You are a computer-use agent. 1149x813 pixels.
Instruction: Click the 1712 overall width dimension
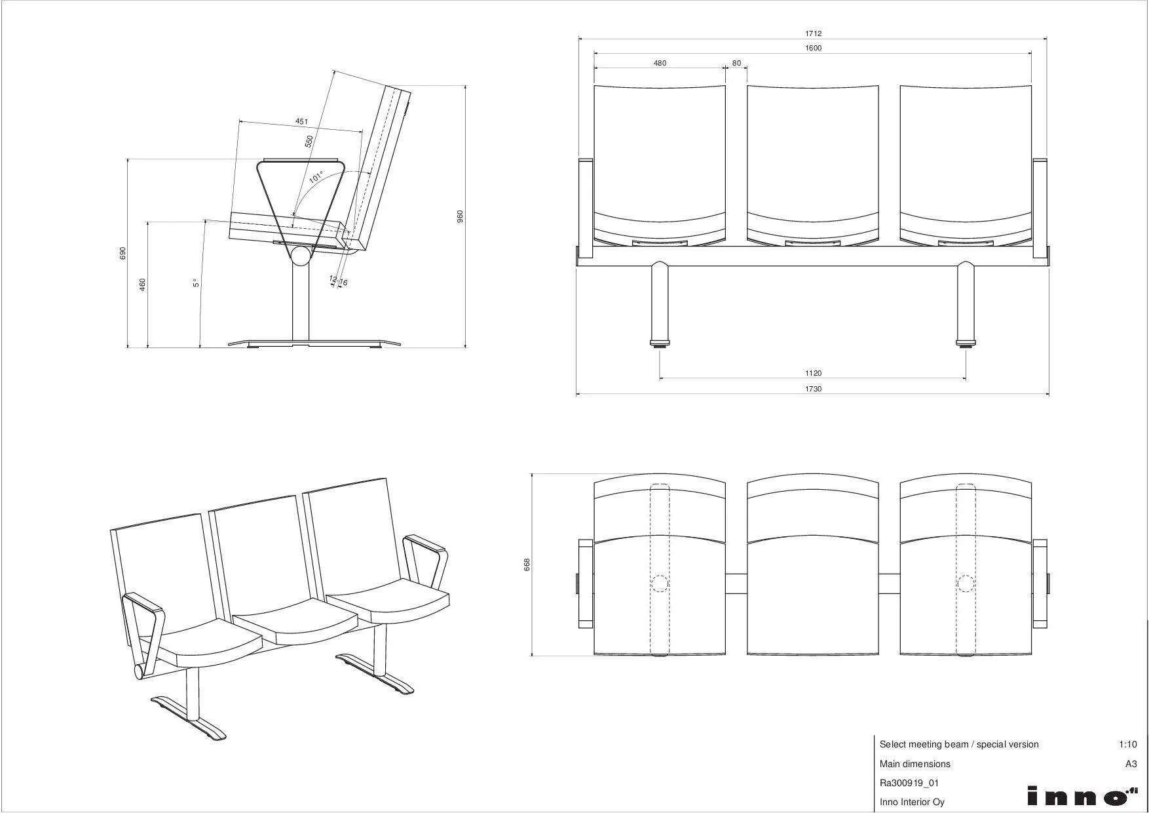coord(813,33)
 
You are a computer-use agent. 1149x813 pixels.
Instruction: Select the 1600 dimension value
coord(813,49)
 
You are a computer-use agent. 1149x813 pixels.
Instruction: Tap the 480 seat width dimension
coord(660,64)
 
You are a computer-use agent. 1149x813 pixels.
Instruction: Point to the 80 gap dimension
coord(737,64)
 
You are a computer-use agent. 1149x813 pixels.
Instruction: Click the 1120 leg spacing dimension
coord(813,373)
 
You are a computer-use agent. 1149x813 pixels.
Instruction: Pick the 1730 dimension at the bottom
coord(813,389)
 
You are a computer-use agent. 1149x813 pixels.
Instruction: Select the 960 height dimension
coord(460,216)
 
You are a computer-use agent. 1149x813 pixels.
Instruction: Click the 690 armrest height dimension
coord(122,253)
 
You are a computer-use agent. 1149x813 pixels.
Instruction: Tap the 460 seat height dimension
coord(143,285)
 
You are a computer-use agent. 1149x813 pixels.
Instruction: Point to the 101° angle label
coord(316,176)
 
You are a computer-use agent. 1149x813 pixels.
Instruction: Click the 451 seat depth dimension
coord(301,121)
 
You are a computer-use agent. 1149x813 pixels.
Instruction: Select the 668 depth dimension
coord(527,565)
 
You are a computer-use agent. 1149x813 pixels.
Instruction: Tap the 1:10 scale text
coord(1127,744)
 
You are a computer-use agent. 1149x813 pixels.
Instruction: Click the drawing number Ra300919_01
coord(909,783)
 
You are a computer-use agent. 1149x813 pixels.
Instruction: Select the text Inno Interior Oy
coord(912,802)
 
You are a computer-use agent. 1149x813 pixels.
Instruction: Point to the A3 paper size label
coord(1131,764)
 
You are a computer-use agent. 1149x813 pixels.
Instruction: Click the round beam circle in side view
coord(301,255)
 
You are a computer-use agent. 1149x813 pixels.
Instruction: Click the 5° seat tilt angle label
coord(195,283)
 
